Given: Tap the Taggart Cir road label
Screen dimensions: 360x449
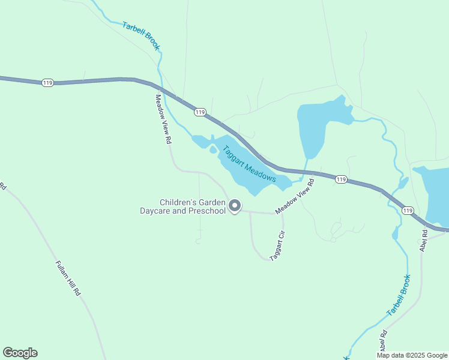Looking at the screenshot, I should pyautogui.click(x=277, y=246).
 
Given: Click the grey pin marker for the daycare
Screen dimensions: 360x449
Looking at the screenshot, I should pyautogui.click(x=235, y=206).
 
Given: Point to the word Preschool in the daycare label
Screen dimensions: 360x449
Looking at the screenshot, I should pyautogui.click(x=206, y=211).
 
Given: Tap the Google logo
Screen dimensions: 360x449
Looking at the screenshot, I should pyautogui.click(x=20, y=353).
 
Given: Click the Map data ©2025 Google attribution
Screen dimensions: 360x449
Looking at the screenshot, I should pyautogui.click(x=412, y=355).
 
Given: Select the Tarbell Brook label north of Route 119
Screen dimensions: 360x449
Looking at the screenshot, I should pyautogui.click(x=142, y=35).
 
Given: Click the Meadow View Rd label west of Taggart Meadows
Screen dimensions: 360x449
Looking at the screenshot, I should pyautogui.click(x=163, y=119).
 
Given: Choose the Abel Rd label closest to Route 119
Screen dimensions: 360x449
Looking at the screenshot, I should pyautogui.click(x=424, y=241).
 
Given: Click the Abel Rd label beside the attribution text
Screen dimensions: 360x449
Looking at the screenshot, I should pyautogui.click(x=383, y=341).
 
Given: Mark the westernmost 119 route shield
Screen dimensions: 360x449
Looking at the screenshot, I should pyautogui.click(x=47, y=82).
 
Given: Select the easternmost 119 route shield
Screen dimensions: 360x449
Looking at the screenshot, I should pyautogui.click(x=408, y=210).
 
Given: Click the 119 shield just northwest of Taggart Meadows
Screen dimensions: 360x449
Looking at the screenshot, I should pyautogui.click(x=200, y=112).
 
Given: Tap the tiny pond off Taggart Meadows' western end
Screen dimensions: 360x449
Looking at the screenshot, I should pyautogui.click(x=213, y=150).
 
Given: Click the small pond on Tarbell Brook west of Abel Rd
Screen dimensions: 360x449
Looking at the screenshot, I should pyautogui.click(x=394, y=233).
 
